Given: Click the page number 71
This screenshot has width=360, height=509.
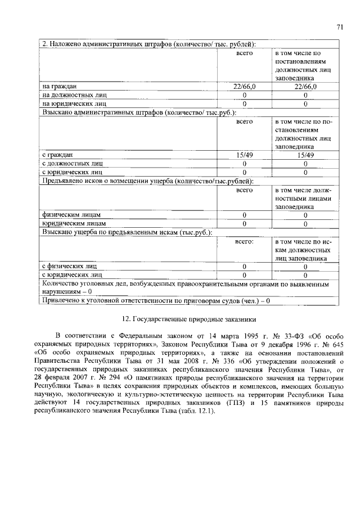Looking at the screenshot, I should (x=340, y=26).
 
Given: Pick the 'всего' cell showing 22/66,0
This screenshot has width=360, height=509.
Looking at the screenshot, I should (x=245, y=87).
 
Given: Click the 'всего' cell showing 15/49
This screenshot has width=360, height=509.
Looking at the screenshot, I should (x=245, y=155).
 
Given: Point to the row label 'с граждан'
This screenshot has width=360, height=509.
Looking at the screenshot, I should (x=58, y=155).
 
